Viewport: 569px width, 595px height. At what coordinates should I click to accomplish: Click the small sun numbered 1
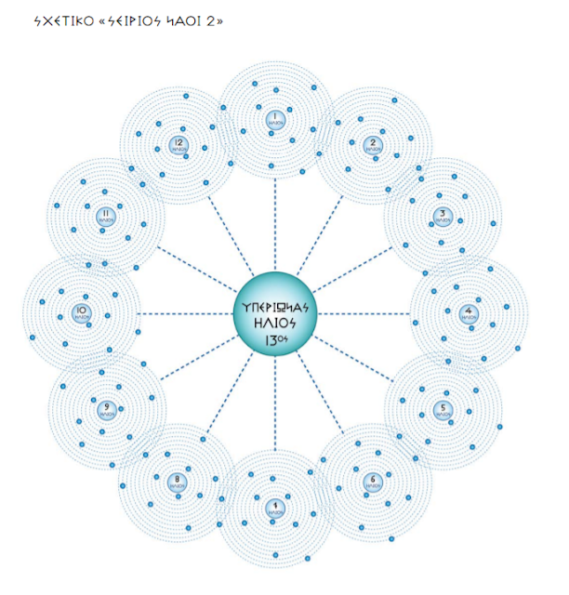point(275,118)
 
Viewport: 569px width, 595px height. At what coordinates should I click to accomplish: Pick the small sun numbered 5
point(443,409)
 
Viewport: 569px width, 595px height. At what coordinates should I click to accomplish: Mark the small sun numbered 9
point(107,409)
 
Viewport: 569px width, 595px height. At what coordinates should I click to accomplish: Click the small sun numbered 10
point(82,311)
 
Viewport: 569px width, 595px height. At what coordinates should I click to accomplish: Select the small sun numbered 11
point(107,215)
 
